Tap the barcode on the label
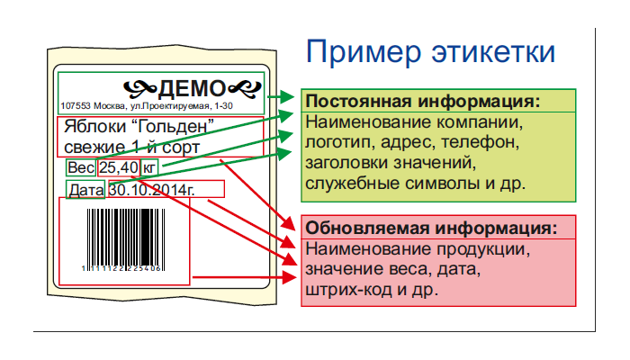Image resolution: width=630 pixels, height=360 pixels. pyautogui.click(x=124, y=235)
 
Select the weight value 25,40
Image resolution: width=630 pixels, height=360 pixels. pyautogui.click(x=119, y=167)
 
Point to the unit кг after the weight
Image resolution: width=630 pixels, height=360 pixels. pyautogui.click(x=149, y=167)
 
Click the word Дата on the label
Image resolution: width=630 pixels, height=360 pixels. pyautogui.click(x=86, y=190)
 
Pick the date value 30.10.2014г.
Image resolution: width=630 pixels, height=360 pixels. pyautogui.click(x=151, y=190)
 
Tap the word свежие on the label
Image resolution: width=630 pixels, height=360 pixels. pyautogui.click(x=94, y=147)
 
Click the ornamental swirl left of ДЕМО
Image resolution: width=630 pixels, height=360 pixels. pyautogui.click(x=139, y=87)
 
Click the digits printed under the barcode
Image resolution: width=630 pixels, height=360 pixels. pyautogui.click(x=123, y=267)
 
